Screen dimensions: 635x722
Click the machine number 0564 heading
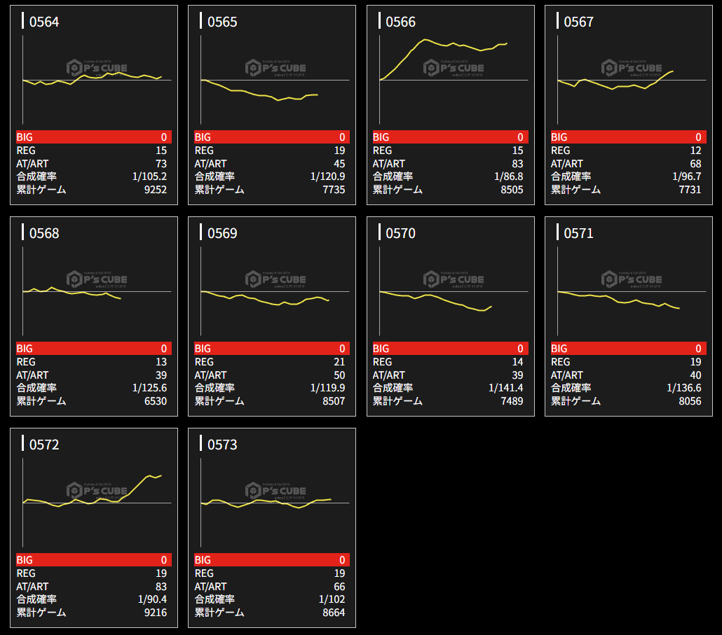44,22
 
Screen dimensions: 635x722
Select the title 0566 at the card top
400,22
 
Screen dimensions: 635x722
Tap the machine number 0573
222,445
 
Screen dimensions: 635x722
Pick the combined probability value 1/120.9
327,176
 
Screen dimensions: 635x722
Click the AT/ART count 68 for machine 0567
695,164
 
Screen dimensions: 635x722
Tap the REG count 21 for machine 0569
339,362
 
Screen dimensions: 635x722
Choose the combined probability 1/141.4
505,388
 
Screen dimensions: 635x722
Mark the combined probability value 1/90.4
152,599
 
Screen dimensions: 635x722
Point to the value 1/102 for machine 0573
332,599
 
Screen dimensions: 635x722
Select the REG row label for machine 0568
26,362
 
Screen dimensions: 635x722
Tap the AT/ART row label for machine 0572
32,587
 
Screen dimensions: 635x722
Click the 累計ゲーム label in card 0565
219,190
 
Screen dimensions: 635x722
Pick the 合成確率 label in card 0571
571,388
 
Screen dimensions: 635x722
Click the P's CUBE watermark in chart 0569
275,279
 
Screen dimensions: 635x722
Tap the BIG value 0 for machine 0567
698,137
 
